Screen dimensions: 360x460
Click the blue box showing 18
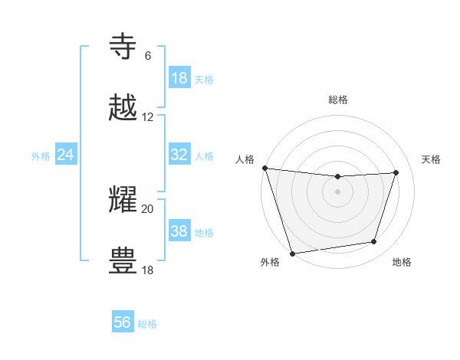(179, 78)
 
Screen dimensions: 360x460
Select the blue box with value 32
(179, 155)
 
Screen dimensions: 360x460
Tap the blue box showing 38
(179, 231)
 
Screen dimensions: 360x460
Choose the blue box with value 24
(66, 155)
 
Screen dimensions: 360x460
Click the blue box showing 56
(123, 322)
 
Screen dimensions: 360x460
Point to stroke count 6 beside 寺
(148, 56)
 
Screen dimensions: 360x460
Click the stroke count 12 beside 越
(148, 117)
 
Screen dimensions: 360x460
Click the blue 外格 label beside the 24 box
(41, 155)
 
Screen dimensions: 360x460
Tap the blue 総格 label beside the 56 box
(147, 323)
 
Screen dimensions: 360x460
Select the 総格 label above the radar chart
(337, 100)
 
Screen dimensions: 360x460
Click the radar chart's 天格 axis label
(432, 159)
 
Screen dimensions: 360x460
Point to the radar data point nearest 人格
(264, 168)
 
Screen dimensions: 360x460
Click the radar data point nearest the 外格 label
(292, 253)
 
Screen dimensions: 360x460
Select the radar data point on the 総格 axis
(337, 177)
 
